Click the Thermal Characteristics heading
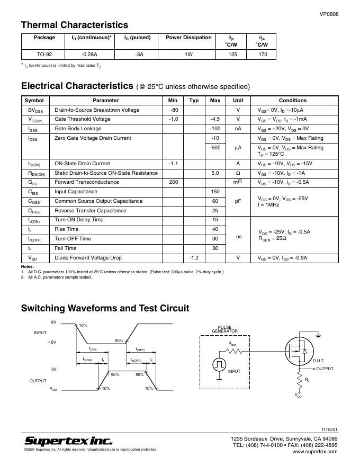click(x=74, y=25)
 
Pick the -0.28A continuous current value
click(x=88, y=55)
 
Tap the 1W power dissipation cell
click(x=188, y=55)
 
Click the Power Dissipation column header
click(x=188, y=38)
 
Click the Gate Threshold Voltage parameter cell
click(x=83, y=119)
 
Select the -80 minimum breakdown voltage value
click(x=173, y=110)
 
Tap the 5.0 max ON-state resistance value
click(x=215, y=173)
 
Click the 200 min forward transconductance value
click(x=173, y=182)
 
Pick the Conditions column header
click(x=293, y=100)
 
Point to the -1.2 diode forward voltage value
click(x=194, y=258)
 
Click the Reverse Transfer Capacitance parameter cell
click(x=91, y=211)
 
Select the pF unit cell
click(x=238, y=201)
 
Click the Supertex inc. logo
click(x=68, y=441)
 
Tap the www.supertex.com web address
click(x=314, y=452)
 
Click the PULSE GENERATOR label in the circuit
click(x=224, y=329)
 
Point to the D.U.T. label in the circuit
click(x=318, y=361)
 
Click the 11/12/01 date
click(x=329, y=428)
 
